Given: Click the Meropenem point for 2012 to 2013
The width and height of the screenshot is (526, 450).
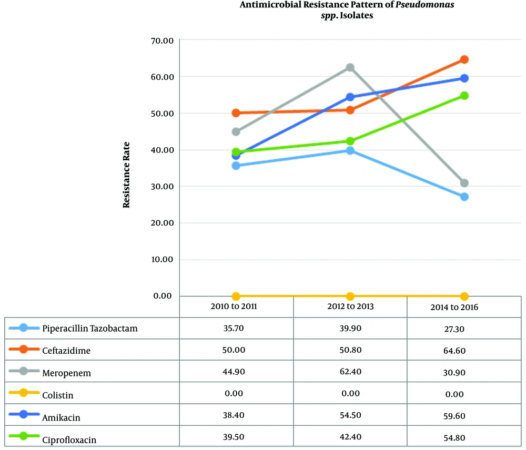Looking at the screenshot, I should click(x=350, y=68).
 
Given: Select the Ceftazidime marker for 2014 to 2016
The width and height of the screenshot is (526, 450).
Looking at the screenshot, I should click(x=464, y=60).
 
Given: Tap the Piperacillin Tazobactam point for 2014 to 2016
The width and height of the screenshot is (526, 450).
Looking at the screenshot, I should click(x=464, y=197).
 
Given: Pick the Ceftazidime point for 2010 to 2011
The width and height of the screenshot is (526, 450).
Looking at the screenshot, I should click(x=236, y=113).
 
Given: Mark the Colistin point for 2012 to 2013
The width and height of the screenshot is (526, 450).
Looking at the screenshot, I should click(x=350, y=296).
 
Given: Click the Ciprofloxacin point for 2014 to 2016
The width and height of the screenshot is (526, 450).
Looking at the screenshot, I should click(x=464, y=96).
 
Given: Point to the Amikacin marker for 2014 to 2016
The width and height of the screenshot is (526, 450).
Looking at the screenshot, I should click(x=464, y=78).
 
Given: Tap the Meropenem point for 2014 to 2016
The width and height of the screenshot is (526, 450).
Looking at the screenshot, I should click(x=464, y=183).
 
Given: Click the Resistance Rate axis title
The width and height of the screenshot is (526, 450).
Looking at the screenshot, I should click(x=127, y=175).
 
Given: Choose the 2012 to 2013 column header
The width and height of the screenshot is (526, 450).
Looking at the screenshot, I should click(x=350, y=306).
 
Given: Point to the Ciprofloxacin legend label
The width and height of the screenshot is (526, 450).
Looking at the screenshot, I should click(x=69, y=439).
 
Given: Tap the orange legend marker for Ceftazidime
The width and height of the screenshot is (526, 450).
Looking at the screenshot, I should click(x=23, y=350).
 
